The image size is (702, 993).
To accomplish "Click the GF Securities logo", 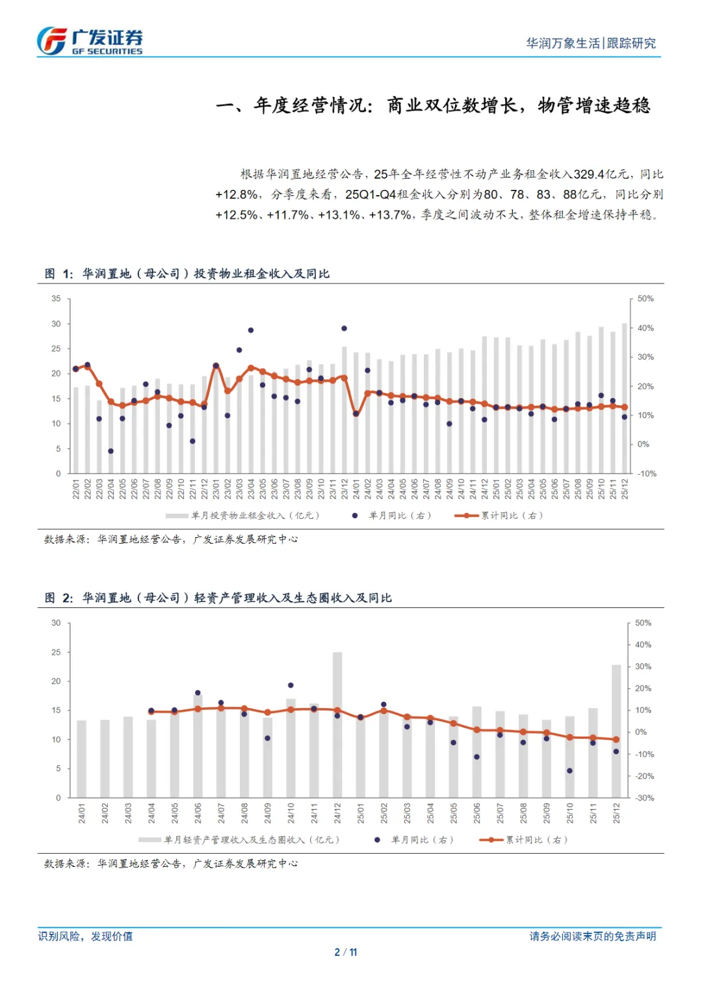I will [89, 41].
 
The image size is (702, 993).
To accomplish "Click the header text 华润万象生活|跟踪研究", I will [590, 44].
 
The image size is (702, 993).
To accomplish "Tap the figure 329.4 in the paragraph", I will [589, 174].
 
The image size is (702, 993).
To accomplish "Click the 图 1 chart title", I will [187, 274].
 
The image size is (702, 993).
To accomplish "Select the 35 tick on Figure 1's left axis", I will [57, 299].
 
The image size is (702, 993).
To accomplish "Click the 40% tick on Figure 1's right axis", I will [645, 328].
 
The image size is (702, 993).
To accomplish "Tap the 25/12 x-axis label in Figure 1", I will [625, 488].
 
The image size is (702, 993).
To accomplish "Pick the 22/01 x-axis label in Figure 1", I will [76, 488].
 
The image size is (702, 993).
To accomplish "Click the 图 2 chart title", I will [218, 598].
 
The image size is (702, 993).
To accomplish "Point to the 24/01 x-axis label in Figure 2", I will [82, 813].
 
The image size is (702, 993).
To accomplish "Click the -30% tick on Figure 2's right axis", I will [644, 798].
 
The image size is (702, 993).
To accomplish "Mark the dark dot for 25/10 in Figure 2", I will [569, 771].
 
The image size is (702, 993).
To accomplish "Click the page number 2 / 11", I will [345, 952].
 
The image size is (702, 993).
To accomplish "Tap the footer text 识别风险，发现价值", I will [85, 936].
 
